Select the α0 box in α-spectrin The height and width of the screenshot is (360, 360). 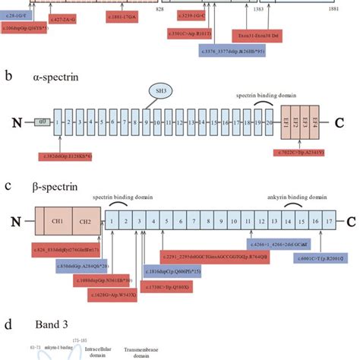click(38, 122)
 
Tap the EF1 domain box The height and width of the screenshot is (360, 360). click(287, 122)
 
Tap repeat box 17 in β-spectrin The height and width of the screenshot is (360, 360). click(329, 222)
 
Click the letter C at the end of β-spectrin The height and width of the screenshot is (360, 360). click(350, 223)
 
